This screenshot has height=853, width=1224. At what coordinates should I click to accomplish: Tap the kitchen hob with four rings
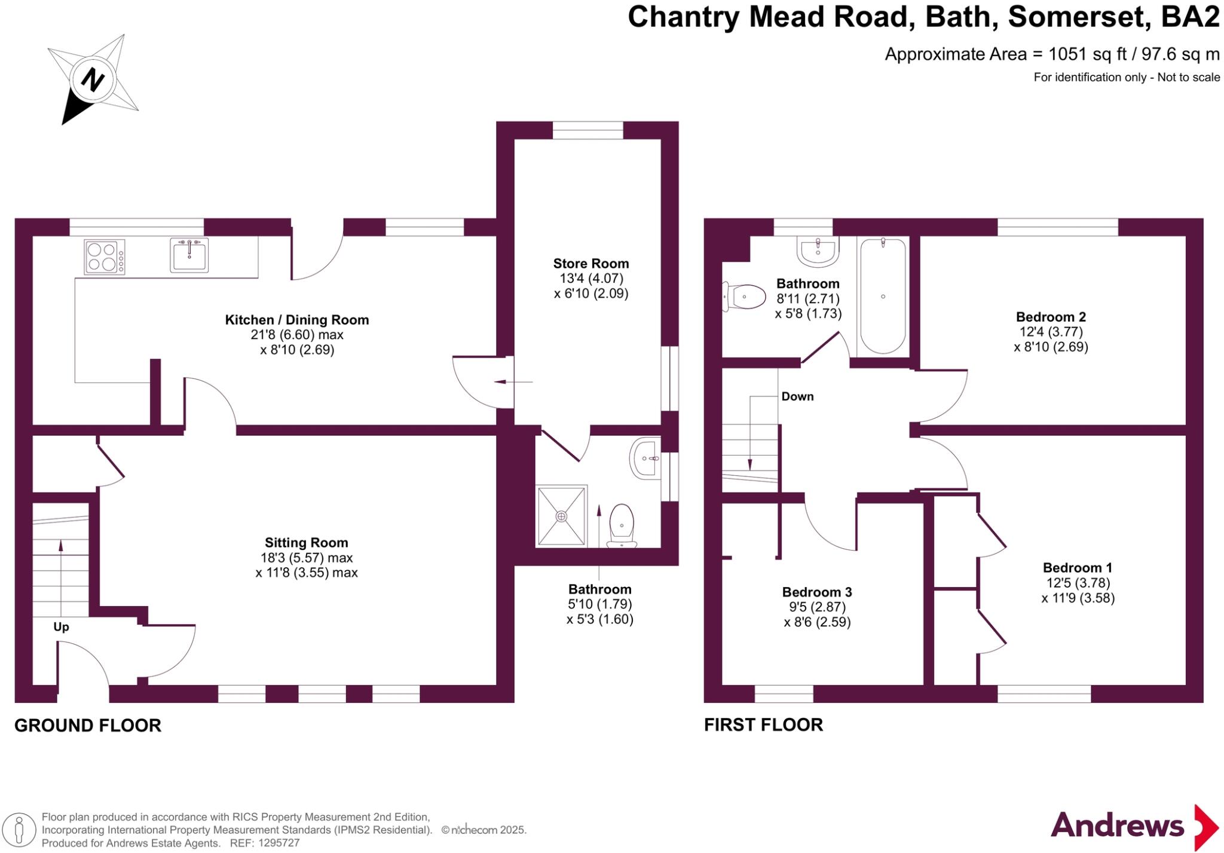(105, 256)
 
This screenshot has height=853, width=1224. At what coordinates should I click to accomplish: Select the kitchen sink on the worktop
(189, 255)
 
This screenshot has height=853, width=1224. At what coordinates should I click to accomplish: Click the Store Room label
(590, 264)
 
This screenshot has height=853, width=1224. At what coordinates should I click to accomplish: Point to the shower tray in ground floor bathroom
(561, 515)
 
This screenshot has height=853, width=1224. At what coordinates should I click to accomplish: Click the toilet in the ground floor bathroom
(622, 525)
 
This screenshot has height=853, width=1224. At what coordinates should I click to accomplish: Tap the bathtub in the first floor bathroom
(883, 296)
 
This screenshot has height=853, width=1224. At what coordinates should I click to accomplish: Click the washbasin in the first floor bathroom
(818, 250)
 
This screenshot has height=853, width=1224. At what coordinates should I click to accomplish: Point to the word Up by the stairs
(61, 627)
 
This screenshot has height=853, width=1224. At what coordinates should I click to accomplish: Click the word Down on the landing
(797, 396)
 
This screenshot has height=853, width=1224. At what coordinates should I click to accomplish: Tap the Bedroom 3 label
(816, 592)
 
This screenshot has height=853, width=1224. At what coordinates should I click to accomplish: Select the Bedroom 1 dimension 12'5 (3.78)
(1078, 583)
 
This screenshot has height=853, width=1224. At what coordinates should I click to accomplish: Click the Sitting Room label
(306, 543)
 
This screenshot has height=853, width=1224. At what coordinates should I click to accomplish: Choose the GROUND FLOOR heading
(88, 725)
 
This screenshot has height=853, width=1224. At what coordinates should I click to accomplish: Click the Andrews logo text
(1116, 826)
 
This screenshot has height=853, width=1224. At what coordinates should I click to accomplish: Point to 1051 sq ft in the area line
(1087, 54)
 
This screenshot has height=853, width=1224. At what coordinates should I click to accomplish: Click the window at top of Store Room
(587, 130)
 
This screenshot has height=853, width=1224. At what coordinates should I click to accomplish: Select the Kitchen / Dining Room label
(296, 320)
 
